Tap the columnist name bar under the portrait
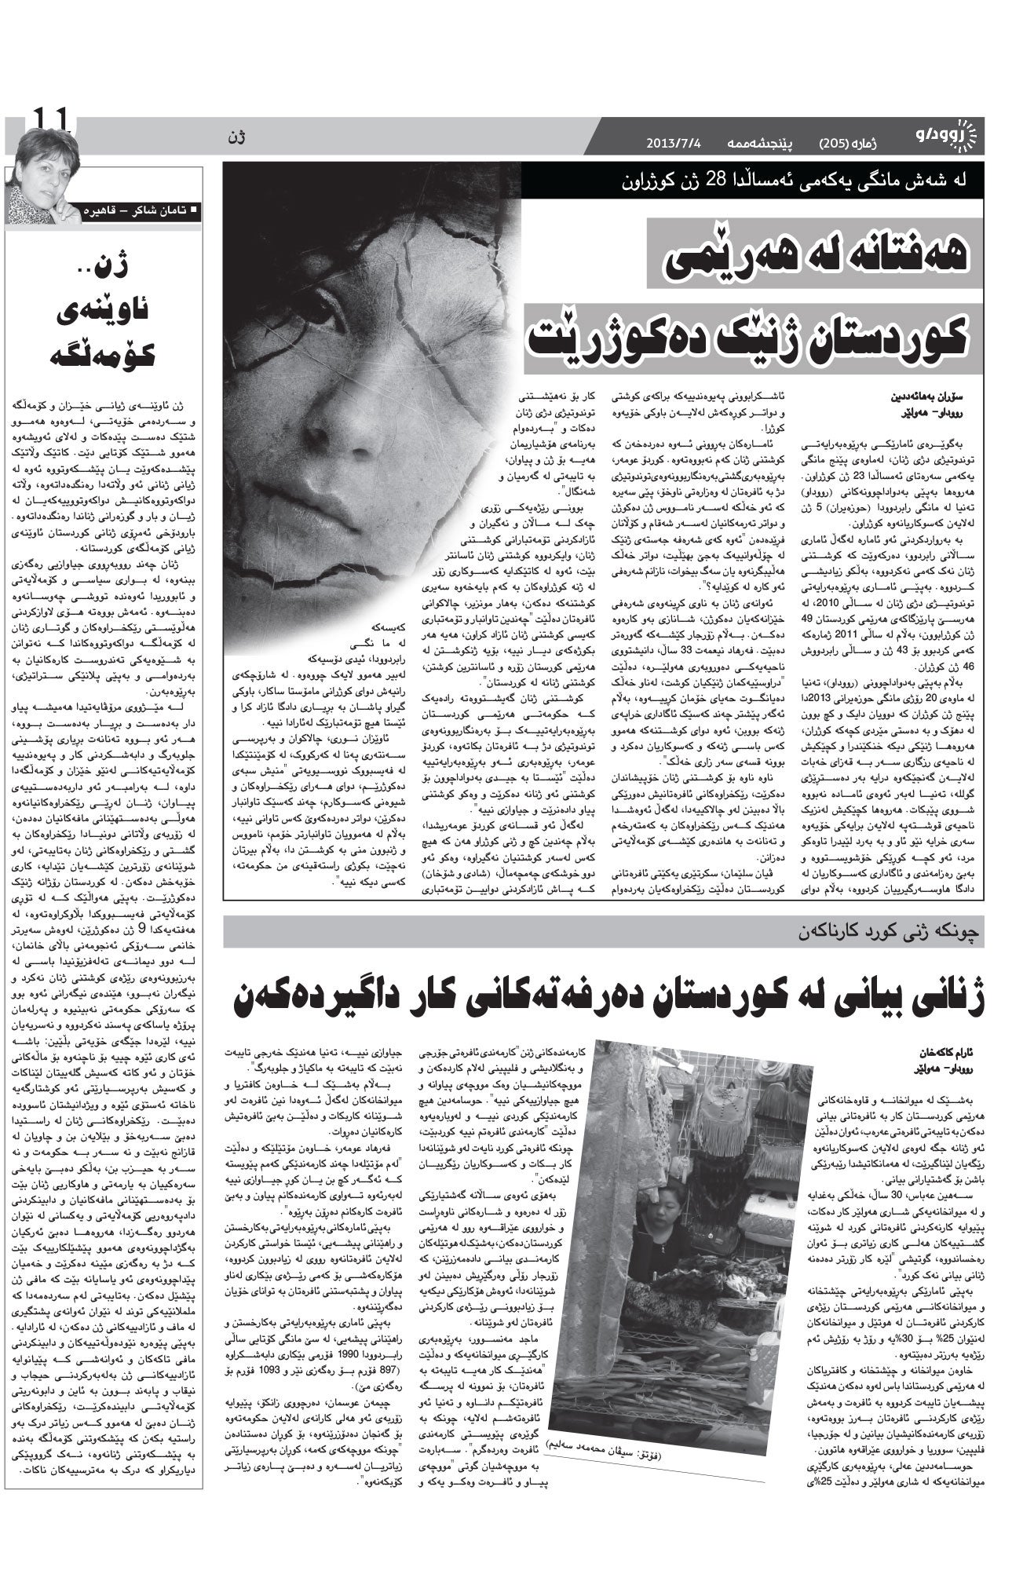(140, 210)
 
